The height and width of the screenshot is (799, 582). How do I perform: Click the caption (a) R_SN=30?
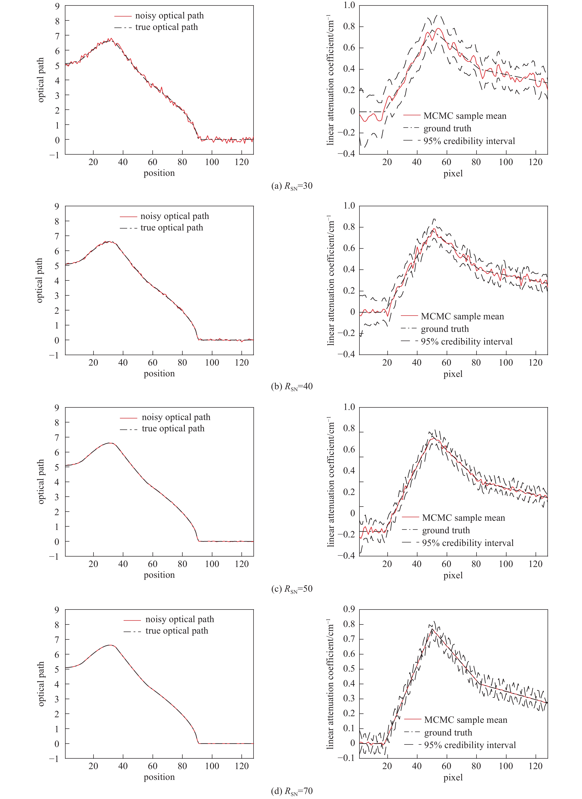tap(292, 186)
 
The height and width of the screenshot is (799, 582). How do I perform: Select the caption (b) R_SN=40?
tap(292, 386)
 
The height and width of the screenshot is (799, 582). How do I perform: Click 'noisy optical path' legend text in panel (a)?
tap(169, 16)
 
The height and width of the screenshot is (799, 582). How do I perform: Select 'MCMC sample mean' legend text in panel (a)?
tap(465, 116)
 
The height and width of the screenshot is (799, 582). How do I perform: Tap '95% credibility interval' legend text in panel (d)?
tap(470, 745)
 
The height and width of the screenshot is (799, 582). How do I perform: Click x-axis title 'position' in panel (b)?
tap(159, 374)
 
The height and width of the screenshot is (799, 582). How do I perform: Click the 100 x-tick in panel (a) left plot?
tap(212, 162)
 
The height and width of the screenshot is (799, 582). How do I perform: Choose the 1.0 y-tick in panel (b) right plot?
tap(349, 206)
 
